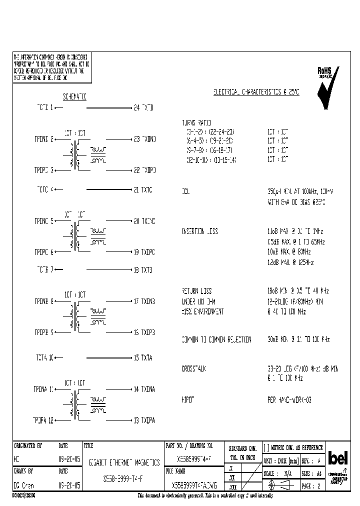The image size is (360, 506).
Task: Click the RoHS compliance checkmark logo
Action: (328, 86)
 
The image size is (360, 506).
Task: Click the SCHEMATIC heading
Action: (74, 97)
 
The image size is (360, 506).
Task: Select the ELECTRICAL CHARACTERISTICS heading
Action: (256, 92)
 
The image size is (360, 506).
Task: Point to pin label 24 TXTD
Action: (143, 107)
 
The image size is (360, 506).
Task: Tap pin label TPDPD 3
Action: (44, 170)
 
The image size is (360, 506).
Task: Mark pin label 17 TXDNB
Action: (145, 301)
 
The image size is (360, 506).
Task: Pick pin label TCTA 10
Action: (44, 358)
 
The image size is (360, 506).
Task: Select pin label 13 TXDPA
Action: (145, 420)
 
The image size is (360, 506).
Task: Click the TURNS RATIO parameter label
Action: (196, 122)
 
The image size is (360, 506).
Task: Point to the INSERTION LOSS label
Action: (199, 231)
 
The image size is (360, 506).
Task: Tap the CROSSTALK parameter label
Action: (193, 368)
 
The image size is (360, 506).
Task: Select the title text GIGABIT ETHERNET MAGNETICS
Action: (124, 463)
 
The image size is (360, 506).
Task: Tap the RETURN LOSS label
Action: (196, 291)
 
